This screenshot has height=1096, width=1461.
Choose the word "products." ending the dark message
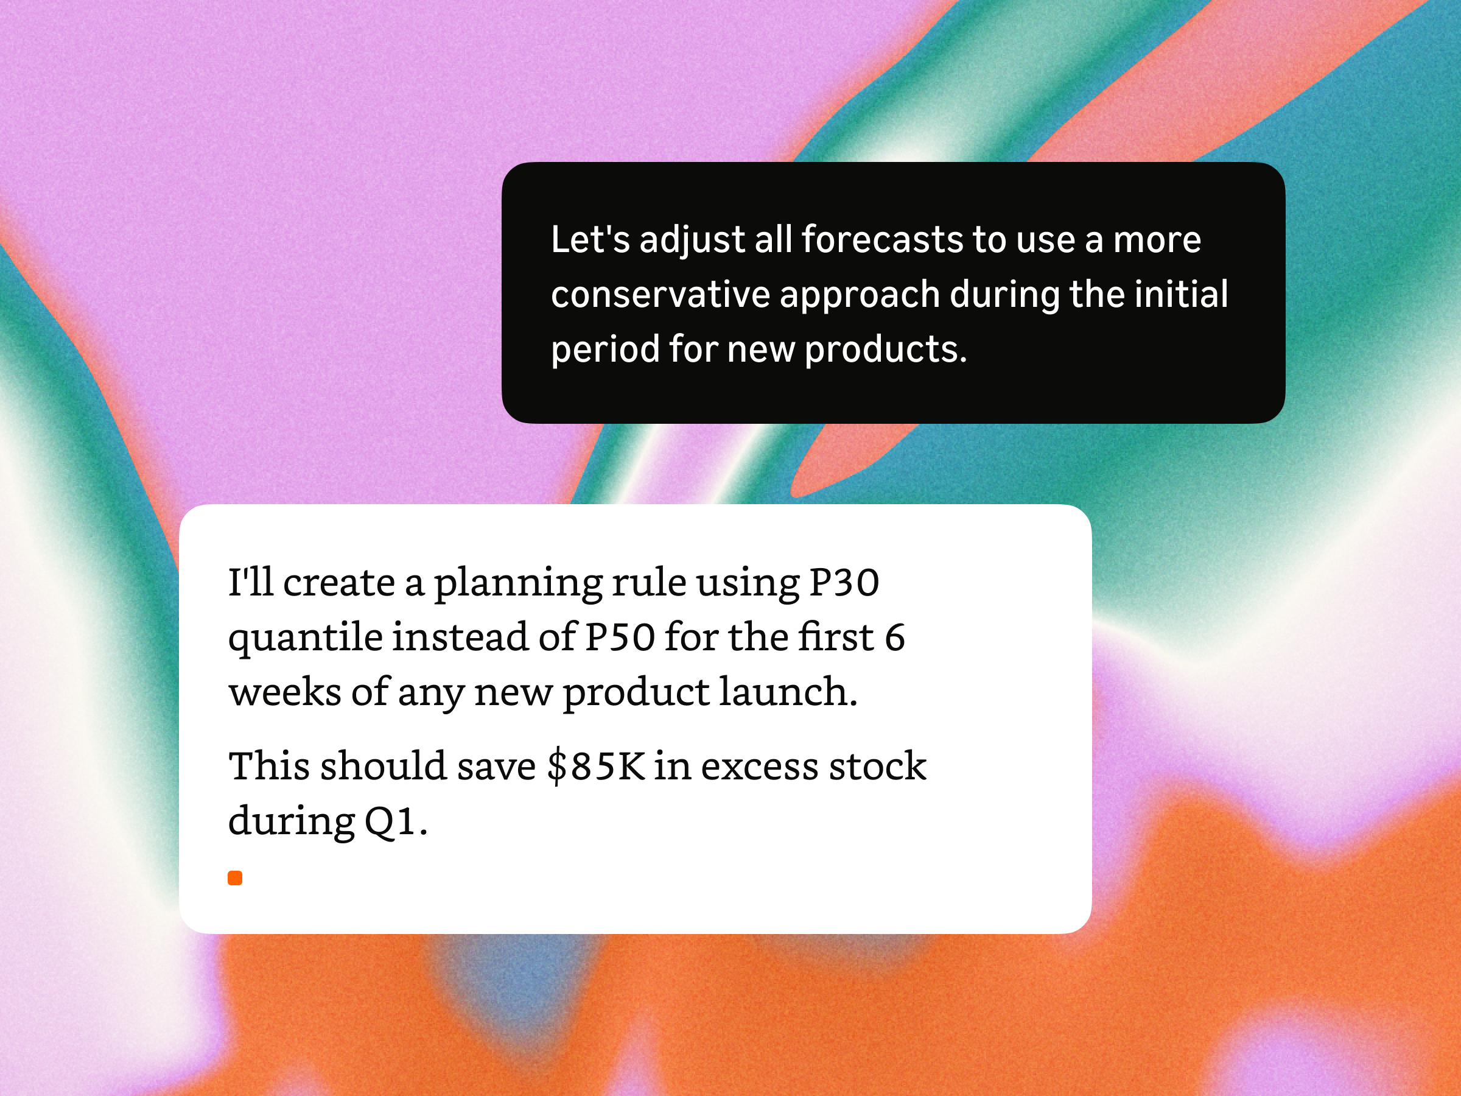[886, 351]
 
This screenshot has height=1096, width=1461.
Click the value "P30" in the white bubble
[844, 583]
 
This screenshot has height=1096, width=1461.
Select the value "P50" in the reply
[620, 638]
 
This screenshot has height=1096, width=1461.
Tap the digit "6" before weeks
[894, 638]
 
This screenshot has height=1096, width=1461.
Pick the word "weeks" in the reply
[285, 692]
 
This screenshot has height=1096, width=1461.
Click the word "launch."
[788, 692]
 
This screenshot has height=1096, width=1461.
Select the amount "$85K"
[597, 767]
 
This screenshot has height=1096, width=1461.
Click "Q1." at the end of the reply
[396, 822]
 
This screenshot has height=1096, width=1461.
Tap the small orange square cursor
[235, 877]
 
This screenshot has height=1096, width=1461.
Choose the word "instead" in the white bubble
[460, 638]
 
